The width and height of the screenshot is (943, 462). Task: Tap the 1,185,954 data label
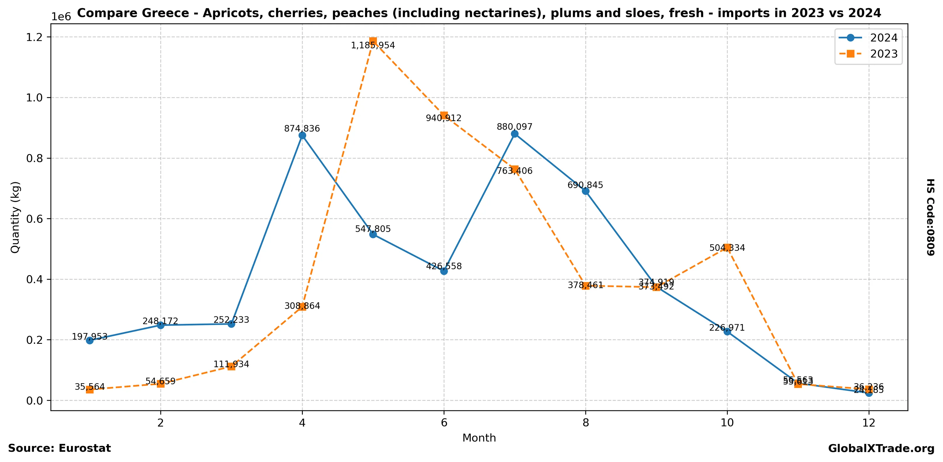pyautogui.click(x=373, y=45)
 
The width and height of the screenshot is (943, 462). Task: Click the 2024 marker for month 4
pyautogui.click(x=302, y=135)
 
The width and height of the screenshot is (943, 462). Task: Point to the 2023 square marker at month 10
pyautogui.click(x=727, y=248)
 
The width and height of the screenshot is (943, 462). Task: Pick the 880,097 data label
pyautogui.click(x=514, y=127)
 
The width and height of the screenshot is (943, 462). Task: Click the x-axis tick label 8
pyautogui.click(x=585, y=423)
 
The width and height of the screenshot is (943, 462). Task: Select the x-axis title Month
pyautogui.click(x=479, y=438)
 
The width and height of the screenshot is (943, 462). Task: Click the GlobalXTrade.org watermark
pyautogui.click(x=881, y=449)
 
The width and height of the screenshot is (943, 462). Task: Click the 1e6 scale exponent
pyautogui.click(x=61, y=17)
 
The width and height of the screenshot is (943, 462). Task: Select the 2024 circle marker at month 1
pyautogui.click(x=90, y=341)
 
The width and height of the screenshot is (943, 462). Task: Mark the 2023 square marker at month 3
pyautogui.click(x=231, y=366)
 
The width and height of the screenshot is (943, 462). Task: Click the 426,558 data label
pyautogui.click(x=444, y=266)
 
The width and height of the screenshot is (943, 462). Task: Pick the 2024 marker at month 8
pyautogui.click(x=585, y=191)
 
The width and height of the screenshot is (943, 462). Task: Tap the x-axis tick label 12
pyautogui.click(x=868, y=423)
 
